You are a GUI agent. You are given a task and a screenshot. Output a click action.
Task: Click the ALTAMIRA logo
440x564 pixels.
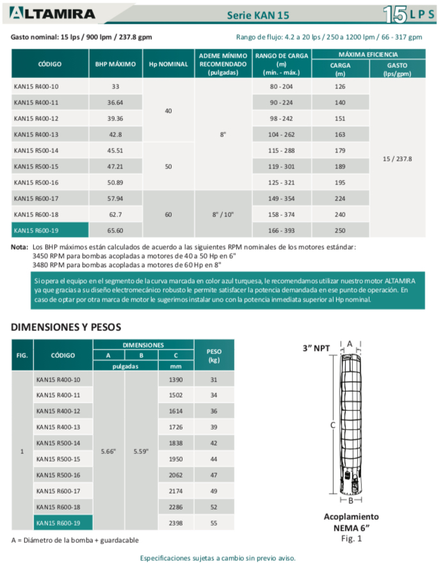coord(53,13)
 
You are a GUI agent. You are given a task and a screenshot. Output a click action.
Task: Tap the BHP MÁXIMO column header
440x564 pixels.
coord(115,64)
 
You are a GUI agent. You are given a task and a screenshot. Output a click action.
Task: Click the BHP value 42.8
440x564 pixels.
coord(115,134)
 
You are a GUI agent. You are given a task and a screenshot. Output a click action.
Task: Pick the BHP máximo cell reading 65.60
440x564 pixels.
coord(115,230)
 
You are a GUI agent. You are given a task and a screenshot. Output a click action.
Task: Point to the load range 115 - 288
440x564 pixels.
coord(282,150)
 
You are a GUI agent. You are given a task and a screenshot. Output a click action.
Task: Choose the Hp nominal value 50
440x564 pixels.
coord(168,166)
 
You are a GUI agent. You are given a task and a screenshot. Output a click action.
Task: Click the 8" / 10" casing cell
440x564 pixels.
coord(223,214)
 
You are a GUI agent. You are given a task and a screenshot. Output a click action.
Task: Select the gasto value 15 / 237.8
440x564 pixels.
coord(397,158)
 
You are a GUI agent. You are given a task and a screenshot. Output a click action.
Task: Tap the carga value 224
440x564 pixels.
coord(339,198)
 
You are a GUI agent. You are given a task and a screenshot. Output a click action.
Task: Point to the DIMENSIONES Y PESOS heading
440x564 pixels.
coord(66,326)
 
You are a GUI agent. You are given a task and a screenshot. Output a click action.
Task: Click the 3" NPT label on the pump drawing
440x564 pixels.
coord(316,348)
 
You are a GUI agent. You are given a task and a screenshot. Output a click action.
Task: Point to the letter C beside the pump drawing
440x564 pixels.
coord(332,424)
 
